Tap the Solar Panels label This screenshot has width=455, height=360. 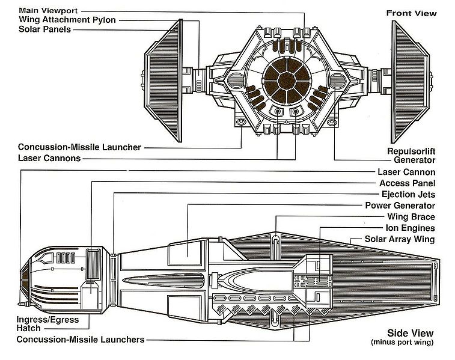pyautogui.click(x=44, y=29)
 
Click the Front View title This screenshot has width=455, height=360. pyautogui.click(x=411, y=13)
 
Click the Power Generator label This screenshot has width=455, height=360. pyautogui.click(x=400, y=206)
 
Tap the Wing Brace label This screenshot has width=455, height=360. pyautogui.click(x=412, y=217)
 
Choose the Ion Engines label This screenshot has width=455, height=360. pyautogui.click(x=411, y=228)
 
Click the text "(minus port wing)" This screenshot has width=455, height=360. pyautogui.click(x=402, y=343)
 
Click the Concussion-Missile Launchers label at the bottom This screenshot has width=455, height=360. pyautogui.click(x=81, y=340)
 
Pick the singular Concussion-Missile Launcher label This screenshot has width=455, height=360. pyautogui.click(x=79, y=147)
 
